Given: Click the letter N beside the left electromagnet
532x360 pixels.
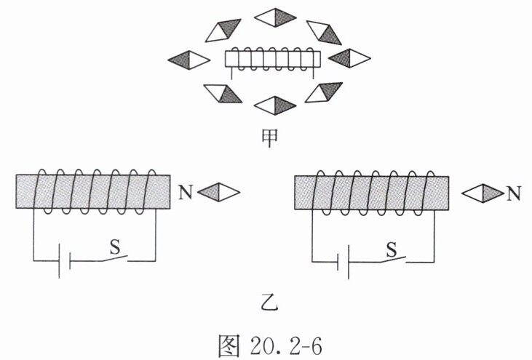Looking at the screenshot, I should pos(184,192).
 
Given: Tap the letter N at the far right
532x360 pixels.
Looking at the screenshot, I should pos(514,193).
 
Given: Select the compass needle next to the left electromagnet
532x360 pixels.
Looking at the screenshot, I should pos(218,192).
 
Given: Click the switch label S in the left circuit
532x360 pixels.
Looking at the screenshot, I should pos(115,246).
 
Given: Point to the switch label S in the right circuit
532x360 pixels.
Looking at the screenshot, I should pos(392,249).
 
